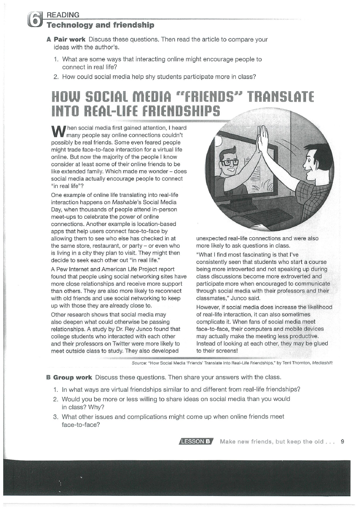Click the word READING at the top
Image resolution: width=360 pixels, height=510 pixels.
point(63,15)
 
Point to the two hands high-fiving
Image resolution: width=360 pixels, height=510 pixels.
point(263,138)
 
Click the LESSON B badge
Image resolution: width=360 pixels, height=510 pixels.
point(196,441)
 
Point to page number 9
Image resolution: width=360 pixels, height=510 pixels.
point(342,441)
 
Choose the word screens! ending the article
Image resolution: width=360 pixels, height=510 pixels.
point(225,351)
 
